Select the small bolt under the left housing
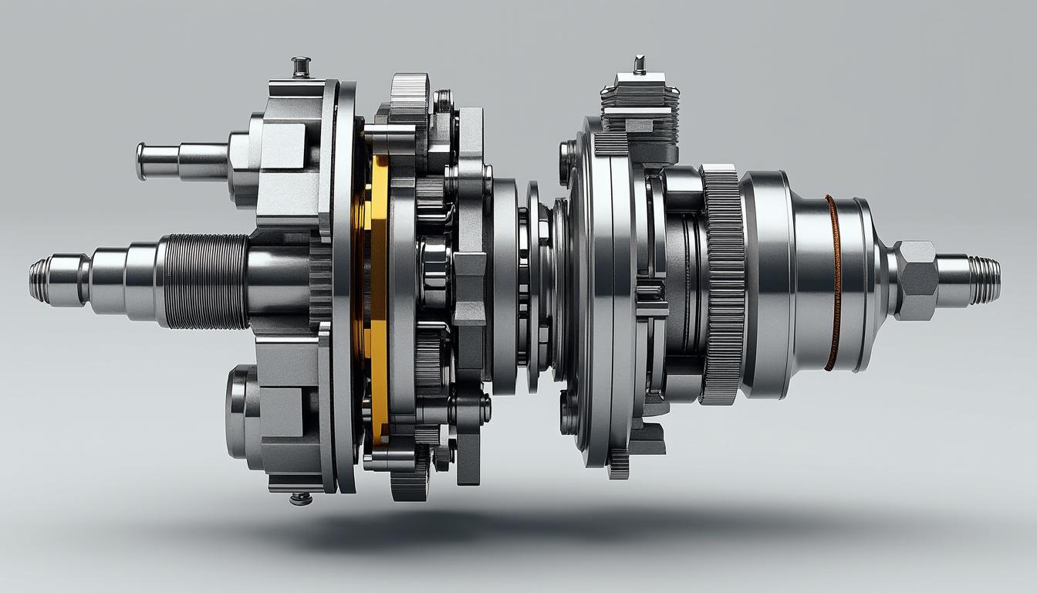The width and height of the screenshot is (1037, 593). point(300,498)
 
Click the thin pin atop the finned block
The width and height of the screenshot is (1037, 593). point(638,64)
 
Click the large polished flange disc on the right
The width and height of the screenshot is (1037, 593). point(598,293)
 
